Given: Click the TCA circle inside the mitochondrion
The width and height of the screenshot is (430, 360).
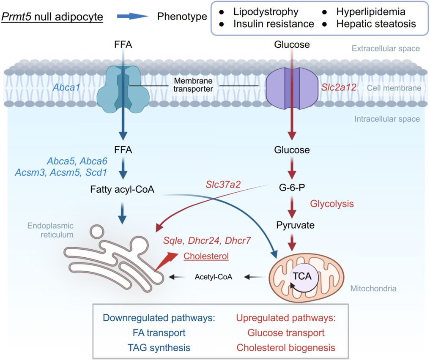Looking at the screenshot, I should click(x=302, y=276).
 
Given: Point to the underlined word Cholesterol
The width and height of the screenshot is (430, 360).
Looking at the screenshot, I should click(x=206, y=256).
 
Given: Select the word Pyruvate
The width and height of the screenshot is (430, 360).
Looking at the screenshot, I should click(x=296, y=225).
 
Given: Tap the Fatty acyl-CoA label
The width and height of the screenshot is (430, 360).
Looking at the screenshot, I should click(x=122, y=190).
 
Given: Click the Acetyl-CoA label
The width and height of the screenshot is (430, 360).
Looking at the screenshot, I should click(x=214, y=277).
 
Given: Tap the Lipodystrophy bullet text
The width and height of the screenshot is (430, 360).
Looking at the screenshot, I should click(x=266, y=11).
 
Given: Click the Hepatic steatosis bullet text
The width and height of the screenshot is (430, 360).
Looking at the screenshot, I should click(x=376, y=24).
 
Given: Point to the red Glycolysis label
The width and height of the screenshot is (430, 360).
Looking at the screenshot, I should click(x=332, y=204).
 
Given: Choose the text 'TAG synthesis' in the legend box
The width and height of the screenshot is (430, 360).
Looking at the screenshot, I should click(x=159, y=348).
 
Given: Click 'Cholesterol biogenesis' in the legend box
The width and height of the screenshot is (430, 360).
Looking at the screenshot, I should click(x=285, y=348).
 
